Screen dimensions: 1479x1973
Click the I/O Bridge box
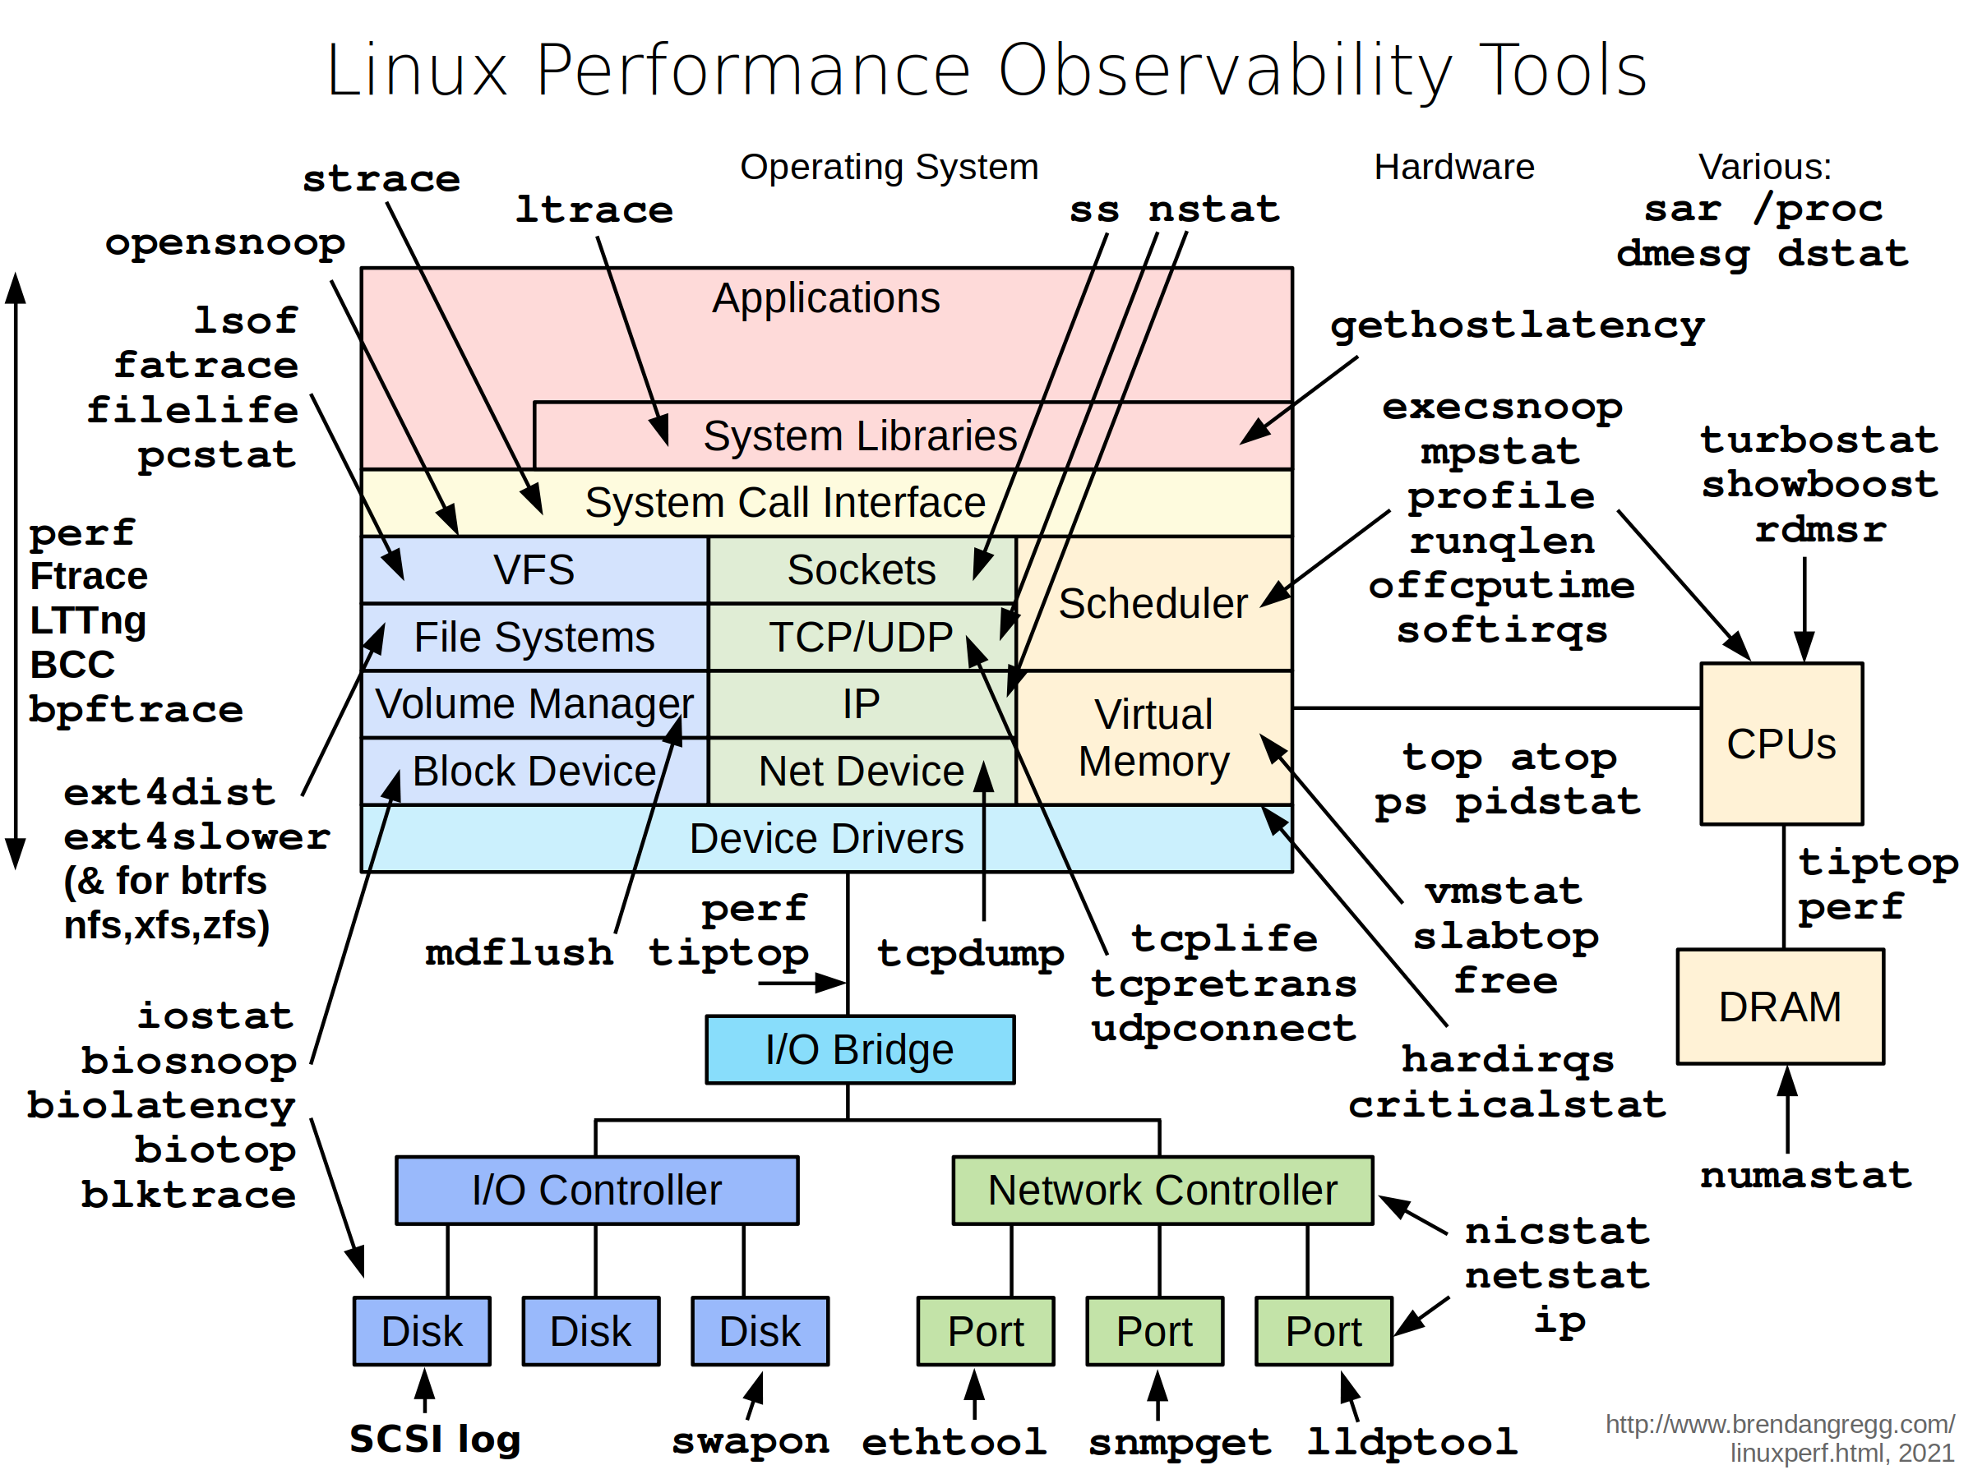click(x=859, y=1049)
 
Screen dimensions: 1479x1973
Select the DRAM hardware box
click(x=1780, y=1007)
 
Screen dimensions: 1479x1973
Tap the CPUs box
click(x=1781, y=744)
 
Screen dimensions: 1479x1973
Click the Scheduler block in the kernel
click(x=1153, y=604)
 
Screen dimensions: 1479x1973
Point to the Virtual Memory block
click(x=1153, y=738)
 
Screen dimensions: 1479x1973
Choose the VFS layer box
click(x=534, y=569)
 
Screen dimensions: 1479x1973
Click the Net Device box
click(x=861, y=772)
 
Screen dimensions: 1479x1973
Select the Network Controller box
click(x=1162, y=1190)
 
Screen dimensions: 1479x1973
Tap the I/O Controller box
click(x=597, y=1190)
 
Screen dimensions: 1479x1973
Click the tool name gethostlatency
click(x=1516, y=325)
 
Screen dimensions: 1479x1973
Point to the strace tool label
click(x=381, y=179)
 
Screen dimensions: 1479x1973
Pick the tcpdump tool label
click(x=970, y=953)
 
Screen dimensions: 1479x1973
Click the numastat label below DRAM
click(x=1806, y=1175)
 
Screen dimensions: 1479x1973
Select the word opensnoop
click(x=224, y=242)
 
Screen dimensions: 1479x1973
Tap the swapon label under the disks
click(x=750, y=1440)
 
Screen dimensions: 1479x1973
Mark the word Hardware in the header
click(x=1454, y=167)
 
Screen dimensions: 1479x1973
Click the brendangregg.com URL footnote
click(x=1780, y=1438)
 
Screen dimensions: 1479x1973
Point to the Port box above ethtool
click(x=985, y=1331)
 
